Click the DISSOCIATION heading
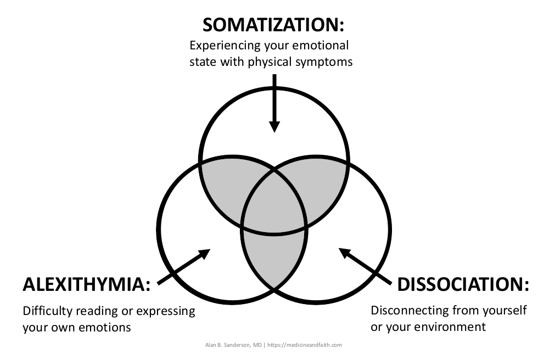pos(463,284)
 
